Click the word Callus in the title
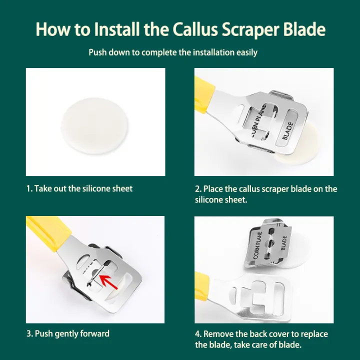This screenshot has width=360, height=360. [195, 29]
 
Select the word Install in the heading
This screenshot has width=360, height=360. [117, 29]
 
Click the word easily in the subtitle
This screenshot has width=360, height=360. [247, 52]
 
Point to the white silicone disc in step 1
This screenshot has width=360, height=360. [95, 125]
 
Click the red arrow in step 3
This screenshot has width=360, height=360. [108, 282]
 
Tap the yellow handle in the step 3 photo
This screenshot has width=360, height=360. [48, 232]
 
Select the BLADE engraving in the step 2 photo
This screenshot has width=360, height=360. [288, 131]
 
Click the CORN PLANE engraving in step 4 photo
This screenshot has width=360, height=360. [257, 245]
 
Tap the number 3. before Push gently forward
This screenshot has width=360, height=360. [29, 334]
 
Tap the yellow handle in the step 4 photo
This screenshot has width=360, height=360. [202, 286]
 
